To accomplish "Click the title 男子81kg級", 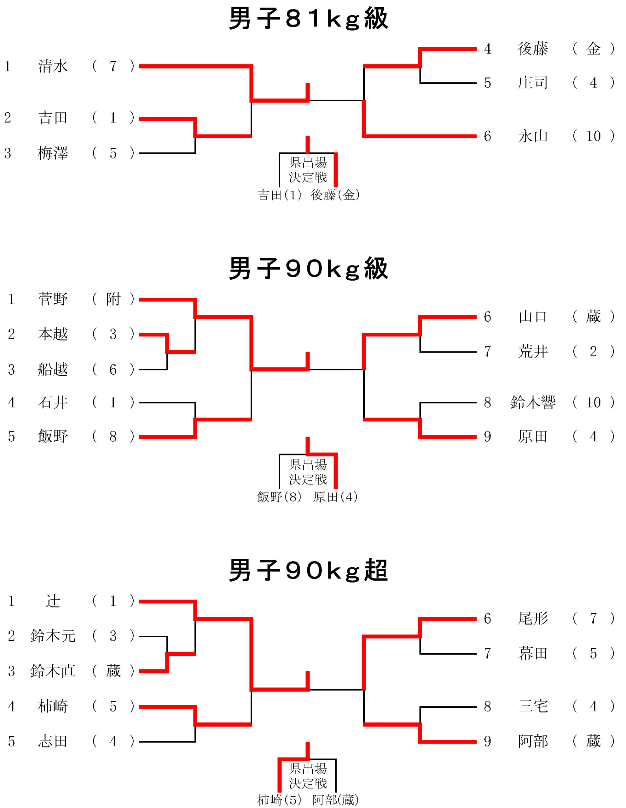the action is pyautogui.click(x=309, y=19).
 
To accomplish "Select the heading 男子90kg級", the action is pyautogui.click(x=309, y=269).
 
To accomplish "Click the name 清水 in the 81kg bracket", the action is pyautogui.click(x=53, y=66).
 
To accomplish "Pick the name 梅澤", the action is pyautogui.click(x=53, y=153).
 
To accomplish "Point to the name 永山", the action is pyautogui.click(x=533, y=136).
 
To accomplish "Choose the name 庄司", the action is pyautogui.click(x=533, y=83).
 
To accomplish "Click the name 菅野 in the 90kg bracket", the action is pyautogui.click(x=53, y=299).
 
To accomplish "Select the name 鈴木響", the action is pyautogui.click(x=533, y=402).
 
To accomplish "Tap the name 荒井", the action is pyautogui.click(x=533, y=352).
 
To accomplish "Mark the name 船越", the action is pyautogui.click(x=53, y=370).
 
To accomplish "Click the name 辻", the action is pyautogui.click(x=53, y=601).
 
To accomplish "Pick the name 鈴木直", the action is pyautogui.click(x=53, y=671).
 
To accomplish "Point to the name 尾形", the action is pyautogui.click(x=533, y=619).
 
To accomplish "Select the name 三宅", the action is pyautogui.click(x=533, y=707).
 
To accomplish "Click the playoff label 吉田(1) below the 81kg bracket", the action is pyautogui.click(x=279, y=195).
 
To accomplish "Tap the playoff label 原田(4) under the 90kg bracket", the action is pyautogui.click(x=335, y=497).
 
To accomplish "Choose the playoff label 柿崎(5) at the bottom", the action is pyautogui.click(x=279, y=800).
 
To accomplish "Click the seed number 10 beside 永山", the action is pyautogui.click(x=594, y=136).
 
